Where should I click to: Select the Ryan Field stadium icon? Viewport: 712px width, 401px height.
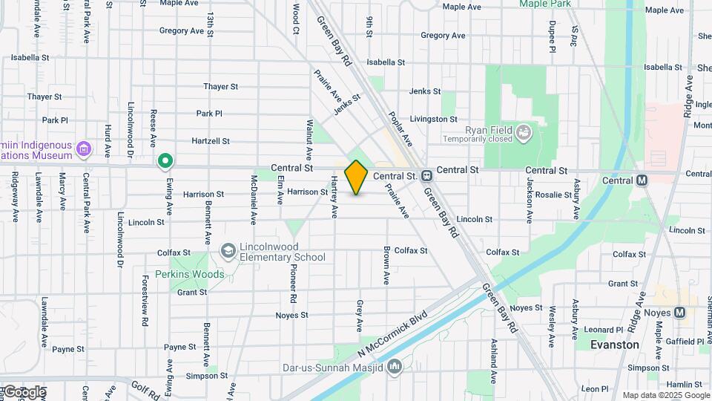pyautogui.click(x=525, y=132)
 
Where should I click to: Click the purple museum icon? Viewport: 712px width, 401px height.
pyautogui.click(x=84, y=149)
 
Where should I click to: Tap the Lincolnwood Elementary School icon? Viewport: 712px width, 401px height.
pyautogui.click(x=228, y=252)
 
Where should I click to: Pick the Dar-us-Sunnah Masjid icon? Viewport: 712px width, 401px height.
pyautogui.click(x=395, y=366)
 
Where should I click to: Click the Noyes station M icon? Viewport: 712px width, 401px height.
pyautogui.click(x=679, y=313)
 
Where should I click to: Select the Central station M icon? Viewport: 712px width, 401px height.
pyautogui.click(x=642, y=180)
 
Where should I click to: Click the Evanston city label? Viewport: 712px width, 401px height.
pyautogui.click(x=615, y=345)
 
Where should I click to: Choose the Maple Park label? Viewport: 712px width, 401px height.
pyautogui.click(x=545, y=4)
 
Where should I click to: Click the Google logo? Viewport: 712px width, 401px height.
pyautogui.click(x=24, y=391)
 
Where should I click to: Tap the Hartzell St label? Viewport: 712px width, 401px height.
pyautogui.click(x=211, y=140)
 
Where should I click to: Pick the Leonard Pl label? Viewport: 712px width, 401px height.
pyautogui.click(x=603, y=330)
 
